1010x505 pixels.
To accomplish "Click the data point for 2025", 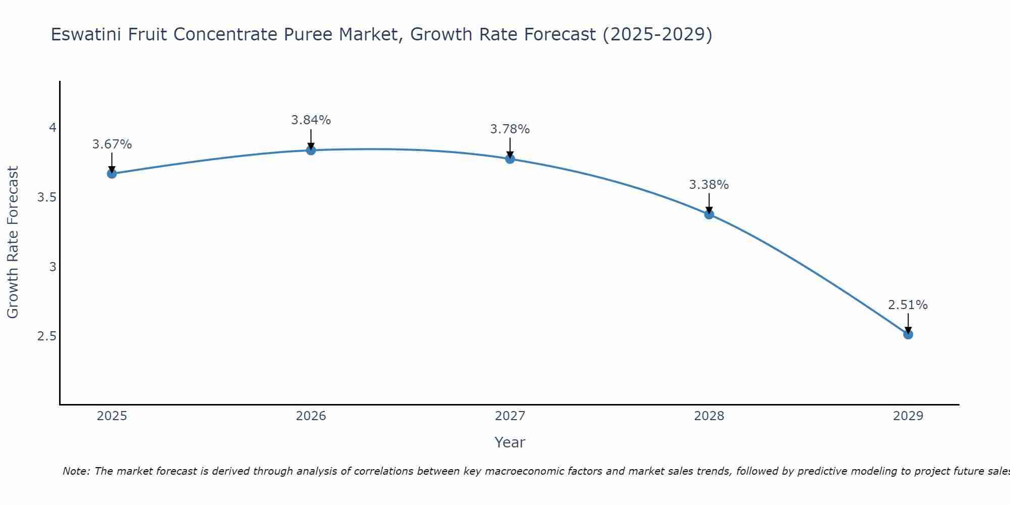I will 112,174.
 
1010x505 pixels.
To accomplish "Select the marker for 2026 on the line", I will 311,150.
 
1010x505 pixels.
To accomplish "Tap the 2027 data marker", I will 510,159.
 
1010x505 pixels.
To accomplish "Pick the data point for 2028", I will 709,214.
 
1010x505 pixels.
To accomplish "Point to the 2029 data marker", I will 908,334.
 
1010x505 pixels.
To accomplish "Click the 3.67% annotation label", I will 112,144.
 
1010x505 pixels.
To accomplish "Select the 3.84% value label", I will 311,120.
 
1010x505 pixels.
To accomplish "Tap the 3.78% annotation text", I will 510,129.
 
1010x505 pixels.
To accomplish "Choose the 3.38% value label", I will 709,185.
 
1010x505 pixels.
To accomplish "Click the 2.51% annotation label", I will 908,305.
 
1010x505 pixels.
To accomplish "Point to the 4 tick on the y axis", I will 53,128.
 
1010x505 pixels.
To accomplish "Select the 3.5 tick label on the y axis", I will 46,197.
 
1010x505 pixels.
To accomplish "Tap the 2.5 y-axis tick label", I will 46,336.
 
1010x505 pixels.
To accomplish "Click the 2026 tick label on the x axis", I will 311,416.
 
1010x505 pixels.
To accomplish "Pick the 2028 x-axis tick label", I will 709,416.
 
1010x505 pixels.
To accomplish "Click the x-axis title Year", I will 510,442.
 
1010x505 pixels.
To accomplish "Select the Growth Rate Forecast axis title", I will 13,242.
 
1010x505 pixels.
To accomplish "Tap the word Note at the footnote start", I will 76,471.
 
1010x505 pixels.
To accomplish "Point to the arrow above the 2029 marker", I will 908,323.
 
